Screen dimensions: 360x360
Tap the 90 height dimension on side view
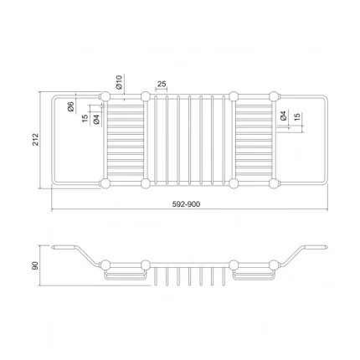34,264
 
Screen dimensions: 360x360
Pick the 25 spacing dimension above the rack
161,85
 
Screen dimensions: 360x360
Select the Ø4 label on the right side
284,117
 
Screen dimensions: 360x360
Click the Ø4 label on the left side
97,120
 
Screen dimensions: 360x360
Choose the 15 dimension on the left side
85,119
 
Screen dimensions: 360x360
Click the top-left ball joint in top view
105,98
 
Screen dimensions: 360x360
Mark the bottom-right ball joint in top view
273,182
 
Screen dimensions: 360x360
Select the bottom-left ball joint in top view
105,182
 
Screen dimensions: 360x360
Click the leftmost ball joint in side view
105,262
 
